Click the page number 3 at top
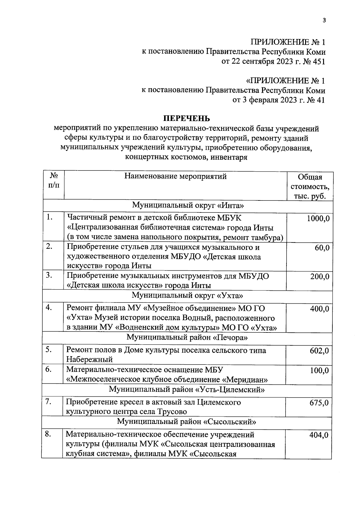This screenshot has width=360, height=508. tap(324, 20)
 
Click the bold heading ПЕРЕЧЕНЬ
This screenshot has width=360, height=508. tap(186, 119)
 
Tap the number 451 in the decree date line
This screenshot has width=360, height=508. tap(319, 62)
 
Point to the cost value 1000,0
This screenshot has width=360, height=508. tap(318, 218)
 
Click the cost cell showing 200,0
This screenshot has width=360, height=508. tap(320, 276)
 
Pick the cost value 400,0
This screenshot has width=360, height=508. tap(319, 308)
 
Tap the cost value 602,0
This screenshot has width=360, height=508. tap(319, 350)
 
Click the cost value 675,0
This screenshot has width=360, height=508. tap(319, 402)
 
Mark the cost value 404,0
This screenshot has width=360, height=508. tap(319, 435)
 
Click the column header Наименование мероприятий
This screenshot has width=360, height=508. tap(175, 176)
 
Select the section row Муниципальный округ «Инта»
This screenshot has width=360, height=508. tap(187, 206)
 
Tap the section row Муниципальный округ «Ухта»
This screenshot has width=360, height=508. tap(187, 296)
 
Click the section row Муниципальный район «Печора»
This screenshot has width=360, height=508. tap(187, 338)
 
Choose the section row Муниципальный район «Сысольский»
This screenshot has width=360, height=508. tap(187, 422)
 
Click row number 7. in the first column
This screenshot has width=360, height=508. tap(49, 402)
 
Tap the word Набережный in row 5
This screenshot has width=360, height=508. tap(89, 359)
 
